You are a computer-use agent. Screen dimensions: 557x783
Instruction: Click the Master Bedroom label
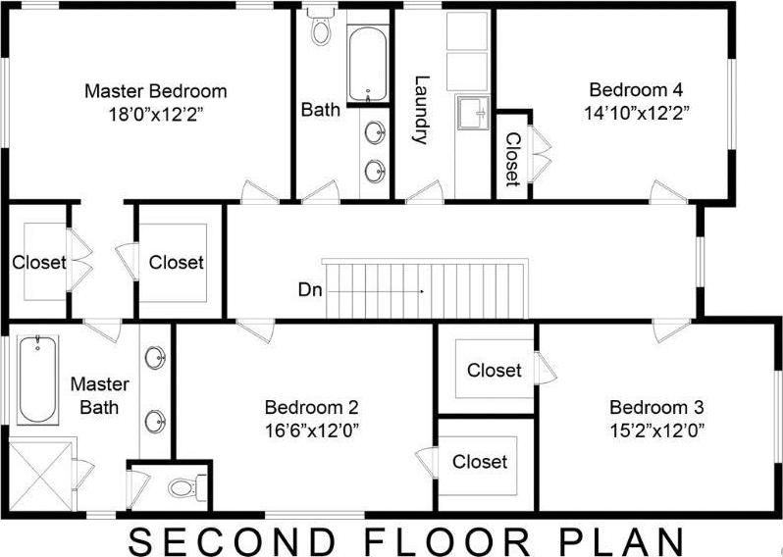[155, 91]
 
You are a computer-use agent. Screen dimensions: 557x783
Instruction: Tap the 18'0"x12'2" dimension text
[155, 113]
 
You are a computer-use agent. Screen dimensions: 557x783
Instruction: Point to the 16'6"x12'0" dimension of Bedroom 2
[312, 429]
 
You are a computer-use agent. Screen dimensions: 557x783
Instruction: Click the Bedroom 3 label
[656, 407]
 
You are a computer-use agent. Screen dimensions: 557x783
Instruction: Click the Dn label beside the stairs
[306, 289]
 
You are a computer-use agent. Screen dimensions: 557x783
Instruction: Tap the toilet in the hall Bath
[320, 29]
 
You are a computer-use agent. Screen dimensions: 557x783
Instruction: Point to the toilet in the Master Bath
[186, 484]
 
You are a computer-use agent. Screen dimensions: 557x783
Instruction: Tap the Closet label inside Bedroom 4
[511, 160]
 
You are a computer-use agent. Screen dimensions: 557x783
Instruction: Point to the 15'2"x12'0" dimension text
[656, 429]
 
